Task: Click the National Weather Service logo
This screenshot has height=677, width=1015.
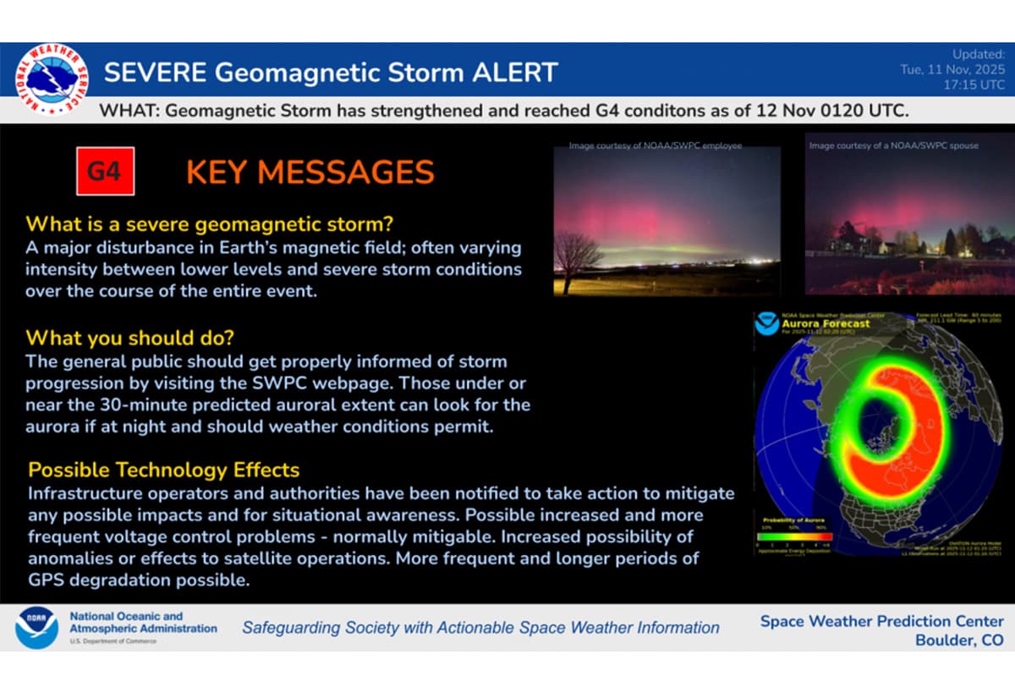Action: (x=52, y=80)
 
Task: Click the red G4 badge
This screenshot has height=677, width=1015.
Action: (x=105, y=172)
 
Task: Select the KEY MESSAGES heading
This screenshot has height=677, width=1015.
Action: (x=310, y=173)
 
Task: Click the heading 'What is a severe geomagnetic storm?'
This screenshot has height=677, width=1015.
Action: (x=211, y=225)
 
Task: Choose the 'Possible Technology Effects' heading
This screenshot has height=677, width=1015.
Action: (x=164, y=470)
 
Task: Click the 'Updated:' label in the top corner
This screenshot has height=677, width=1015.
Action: (x=979, y=54)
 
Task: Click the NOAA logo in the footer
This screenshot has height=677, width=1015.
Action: (x=36, y=628)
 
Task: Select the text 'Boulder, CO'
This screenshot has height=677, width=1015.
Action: (x=959, y=641)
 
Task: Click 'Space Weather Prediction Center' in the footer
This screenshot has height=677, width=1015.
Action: (x=882, y=621)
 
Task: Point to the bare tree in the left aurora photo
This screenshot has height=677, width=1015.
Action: (x=579, y=253)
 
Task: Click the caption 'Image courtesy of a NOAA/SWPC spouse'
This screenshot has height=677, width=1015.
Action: (x=893, y=146)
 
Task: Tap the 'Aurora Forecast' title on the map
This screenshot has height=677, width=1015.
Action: (x=814, y=323)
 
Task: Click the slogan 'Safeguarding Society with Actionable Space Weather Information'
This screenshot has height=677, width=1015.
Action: (x=480, y=628)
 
